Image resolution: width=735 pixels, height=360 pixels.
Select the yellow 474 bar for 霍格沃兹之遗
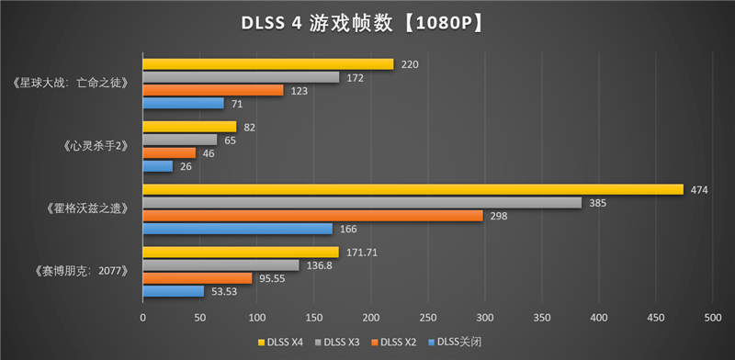[x=413, y=189]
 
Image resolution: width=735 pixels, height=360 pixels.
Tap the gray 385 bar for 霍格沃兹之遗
[x=362, y=202]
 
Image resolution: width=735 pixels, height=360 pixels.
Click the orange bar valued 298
[x=312, y=215]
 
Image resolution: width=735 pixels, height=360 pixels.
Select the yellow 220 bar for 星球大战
[x=267, y=64]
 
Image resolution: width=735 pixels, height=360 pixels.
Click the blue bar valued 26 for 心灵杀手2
[x=157, y=165]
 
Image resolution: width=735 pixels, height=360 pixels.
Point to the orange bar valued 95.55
[x=197, y=277]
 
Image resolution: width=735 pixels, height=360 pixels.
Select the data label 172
[x=355, y=77]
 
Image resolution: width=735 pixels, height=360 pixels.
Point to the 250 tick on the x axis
[x=427, y=317]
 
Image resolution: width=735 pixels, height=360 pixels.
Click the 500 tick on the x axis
[x=712, y=317]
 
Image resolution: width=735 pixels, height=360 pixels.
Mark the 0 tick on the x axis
[x=142, y=317]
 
